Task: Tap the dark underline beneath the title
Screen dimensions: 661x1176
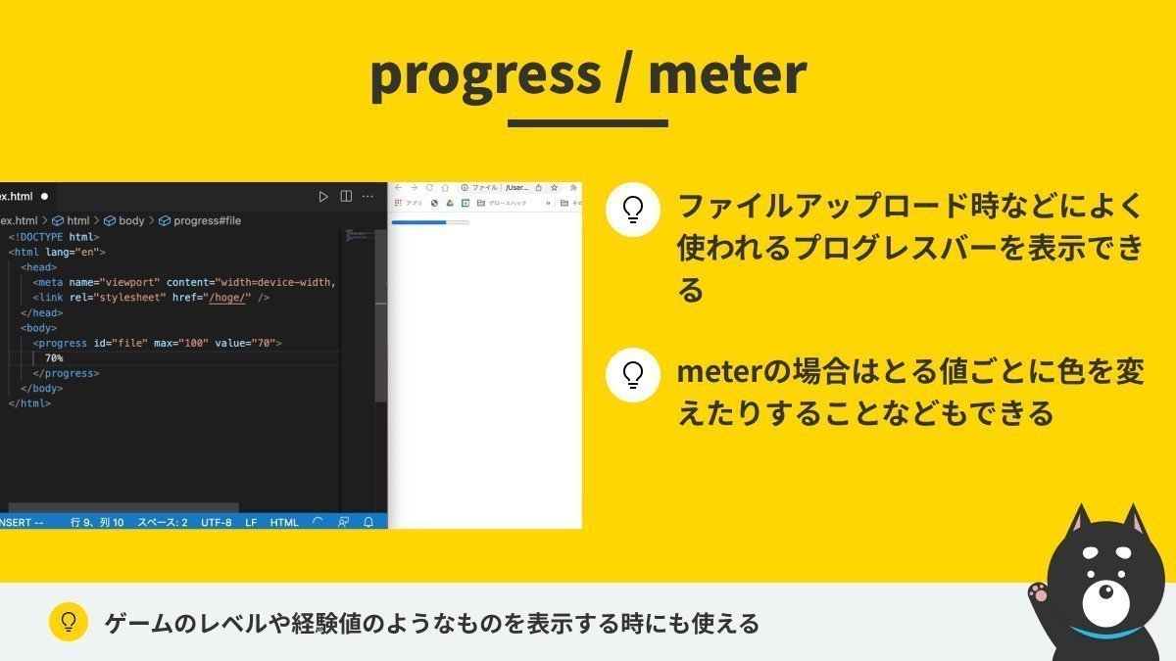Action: tap(588, 123)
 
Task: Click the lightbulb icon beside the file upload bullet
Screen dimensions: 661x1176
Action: tap(633, 210)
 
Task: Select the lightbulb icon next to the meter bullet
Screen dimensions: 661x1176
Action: tap(633, 375)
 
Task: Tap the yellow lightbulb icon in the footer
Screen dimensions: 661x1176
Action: tap(69, 622)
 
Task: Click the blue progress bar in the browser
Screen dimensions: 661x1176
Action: tap(419, 223)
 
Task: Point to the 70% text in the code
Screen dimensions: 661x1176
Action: tap(54, 358)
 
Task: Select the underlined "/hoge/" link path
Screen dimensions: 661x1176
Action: tap(227, 298)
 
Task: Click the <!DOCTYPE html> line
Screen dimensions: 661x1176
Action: tap(54, 237)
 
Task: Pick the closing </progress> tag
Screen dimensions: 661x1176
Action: tap(66, 373)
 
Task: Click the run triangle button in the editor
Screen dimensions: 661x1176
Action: tap(323, 197)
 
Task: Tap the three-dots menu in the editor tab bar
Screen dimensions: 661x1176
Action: tap(367, 197)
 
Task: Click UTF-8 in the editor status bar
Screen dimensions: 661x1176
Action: tap(217, 522)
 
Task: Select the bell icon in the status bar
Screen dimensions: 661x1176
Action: tap(368, 522)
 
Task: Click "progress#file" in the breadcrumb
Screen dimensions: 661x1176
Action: tap(206, 221)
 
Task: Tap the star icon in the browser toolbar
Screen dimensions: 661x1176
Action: tap(554, 187)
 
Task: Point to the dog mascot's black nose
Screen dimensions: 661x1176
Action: tap(1104, 591)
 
